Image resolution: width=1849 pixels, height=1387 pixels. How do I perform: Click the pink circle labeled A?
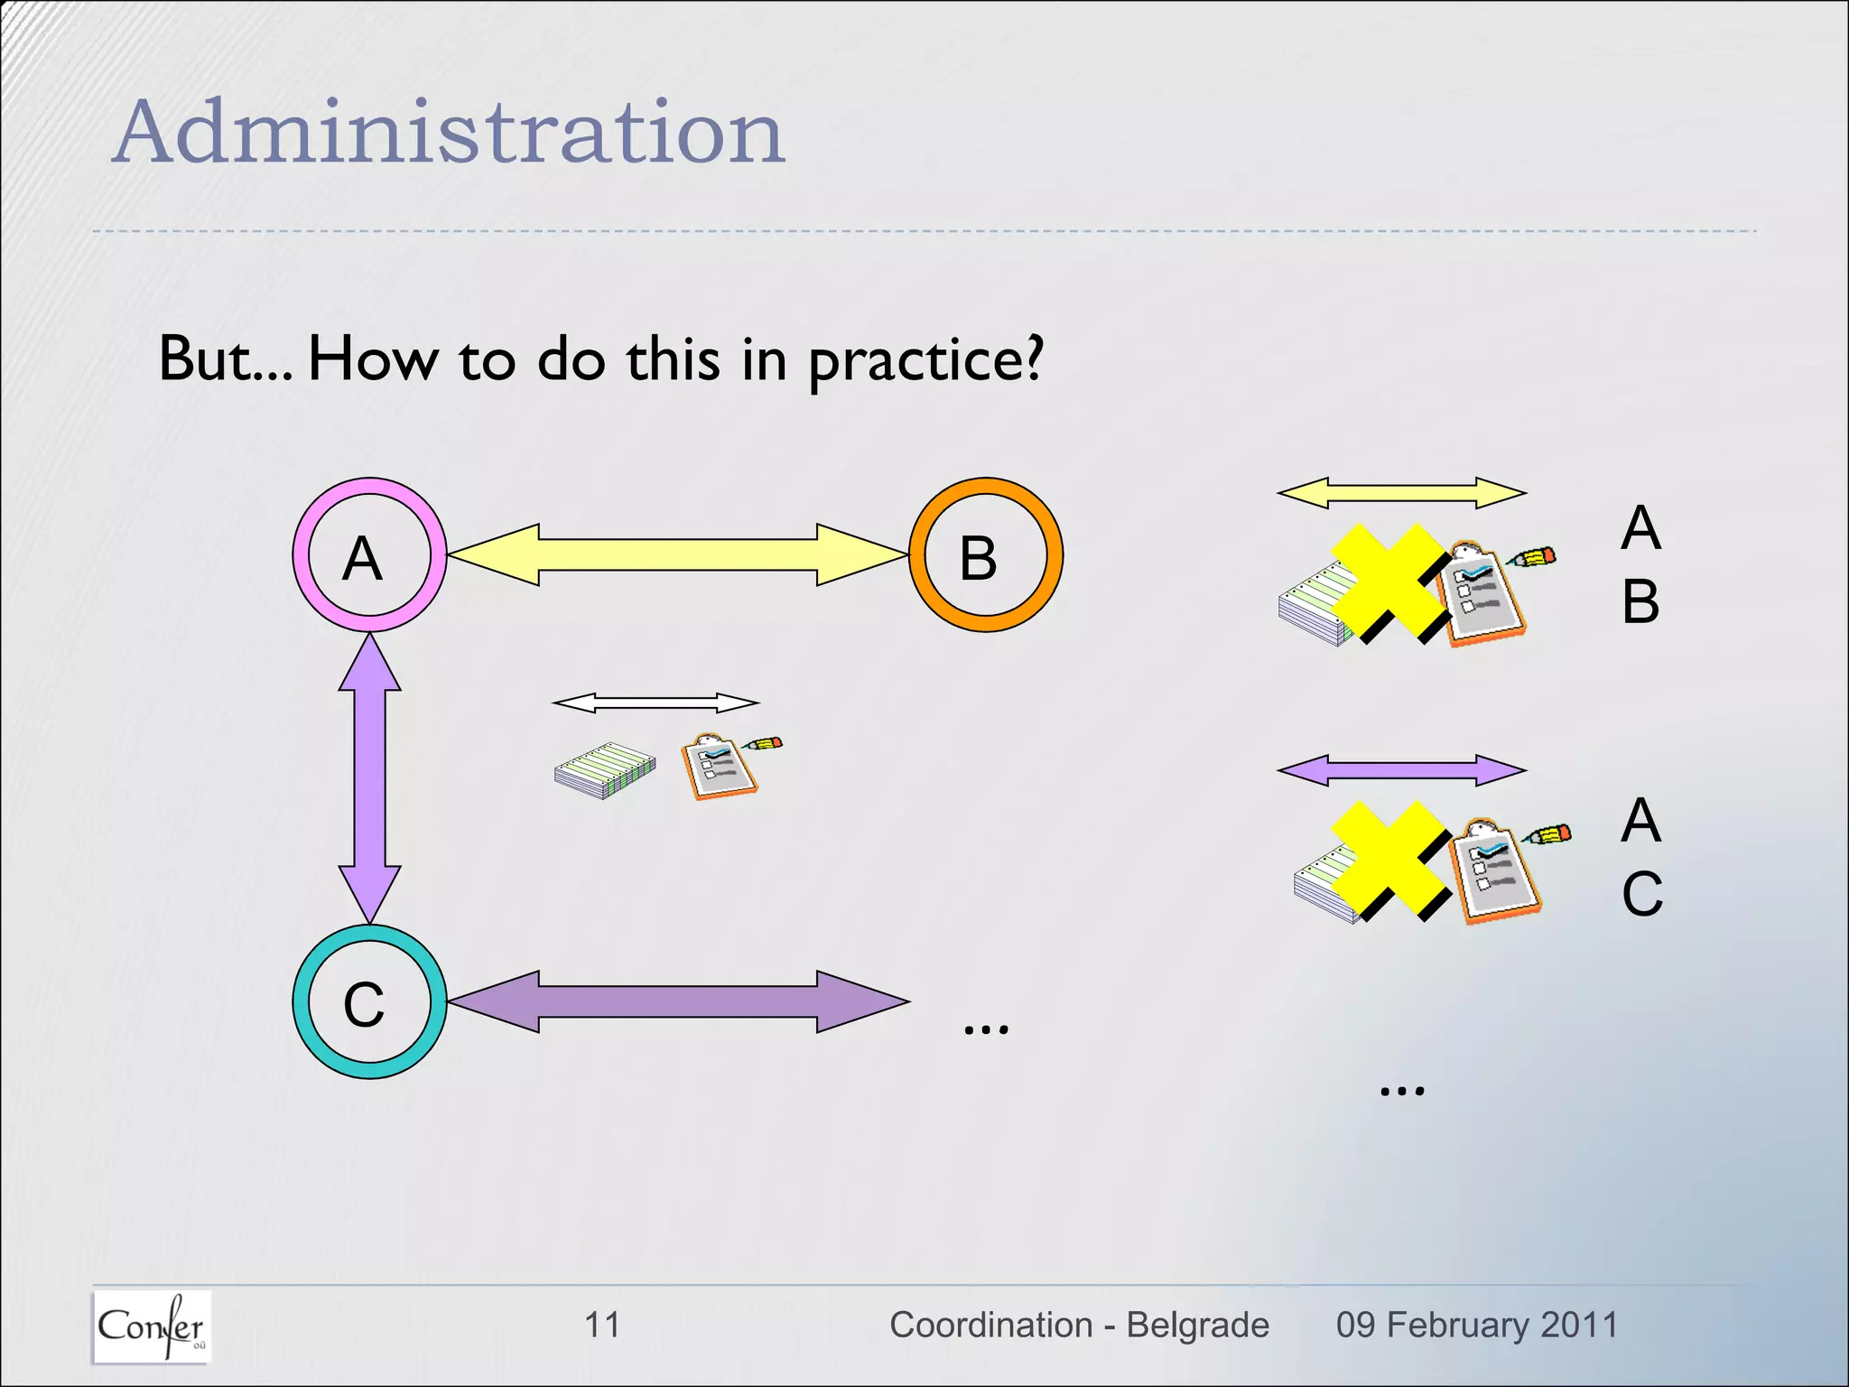[x=369, y=554]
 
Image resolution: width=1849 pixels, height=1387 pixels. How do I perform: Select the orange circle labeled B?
[x=985, y=554]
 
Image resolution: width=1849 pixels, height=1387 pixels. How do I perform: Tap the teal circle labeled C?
[x=369, y=1001]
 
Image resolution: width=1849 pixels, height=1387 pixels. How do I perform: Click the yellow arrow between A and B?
[x=677, y=554]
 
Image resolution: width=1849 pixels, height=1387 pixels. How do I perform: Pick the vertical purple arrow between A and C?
[x=369, y=777]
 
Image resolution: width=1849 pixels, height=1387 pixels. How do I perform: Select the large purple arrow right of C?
[x=677, y=1001]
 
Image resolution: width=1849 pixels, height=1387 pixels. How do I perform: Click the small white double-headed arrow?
[x=655, y=703]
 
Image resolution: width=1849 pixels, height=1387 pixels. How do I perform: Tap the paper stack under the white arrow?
[x=604, y=771]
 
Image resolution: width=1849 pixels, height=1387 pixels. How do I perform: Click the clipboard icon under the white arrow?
[x=720, y=768]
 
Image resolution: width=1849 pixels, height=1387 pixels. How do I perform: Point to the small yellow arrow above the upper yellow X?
[x=1401, y=493]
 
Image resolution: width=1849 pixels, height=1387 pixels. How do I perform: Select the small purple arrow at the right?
[x=1401, y=770]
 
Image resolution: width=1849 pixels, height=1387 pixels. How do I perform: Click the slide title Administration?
[x=449, y=133]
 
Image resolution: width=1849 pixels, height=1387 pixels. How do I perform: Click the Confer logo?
[x=152, y=1326]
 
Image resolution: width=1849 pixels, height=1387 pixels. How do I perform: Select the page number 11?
[x=602, y=1325]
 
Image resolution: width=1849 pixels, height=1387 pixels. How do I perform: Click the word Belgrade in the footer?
[x=1197, y=1325]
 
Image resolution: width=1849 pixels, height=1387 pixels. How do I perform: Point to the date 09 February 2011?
[x=1477, y=1325]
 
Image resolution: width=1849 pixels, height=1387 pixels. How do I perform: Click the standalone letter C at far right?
[x=1640, y=894]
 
